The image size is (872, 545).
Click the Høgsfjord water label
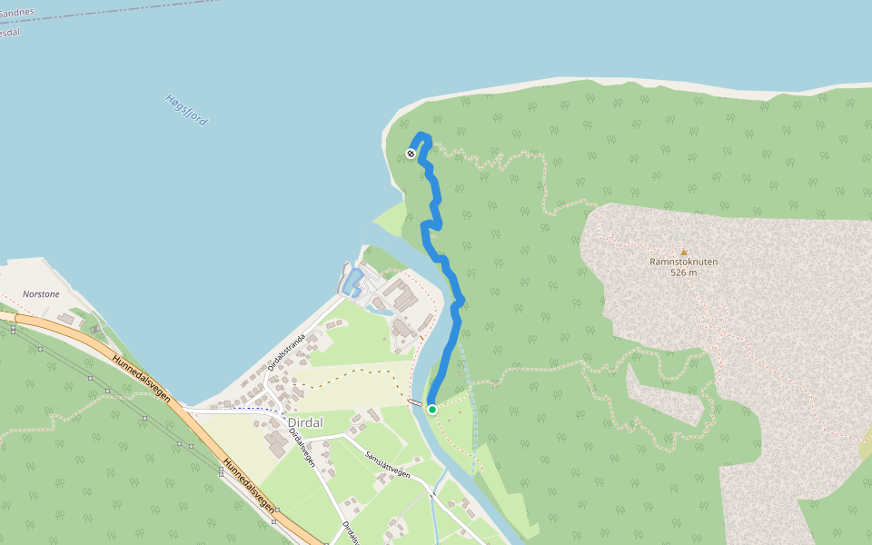click(x=186, y=110)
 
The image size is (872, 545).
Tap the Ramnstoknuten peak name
click(x=683, y=262)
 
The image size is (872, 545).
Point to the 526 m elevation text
click(x=683, y=272)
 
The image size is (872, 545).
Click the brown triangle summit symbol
click(x=684, y=253)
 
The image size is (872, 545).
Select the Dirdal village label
click(x=305, y=422)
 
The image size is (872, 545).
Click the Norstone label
click(x=41, y=294)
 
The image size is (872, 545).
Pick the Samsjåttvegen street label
click(x=387, y=464)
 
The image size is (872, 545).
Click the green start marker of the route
click(x=432, y=410)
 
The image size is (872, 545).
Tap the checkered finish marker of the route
click(x=411, y=154)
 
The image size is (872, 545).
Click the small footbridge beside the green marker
click(x=415, y=403)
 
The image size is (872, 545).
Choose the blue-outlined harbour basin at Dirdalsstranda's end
click(x=352, y=281)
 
